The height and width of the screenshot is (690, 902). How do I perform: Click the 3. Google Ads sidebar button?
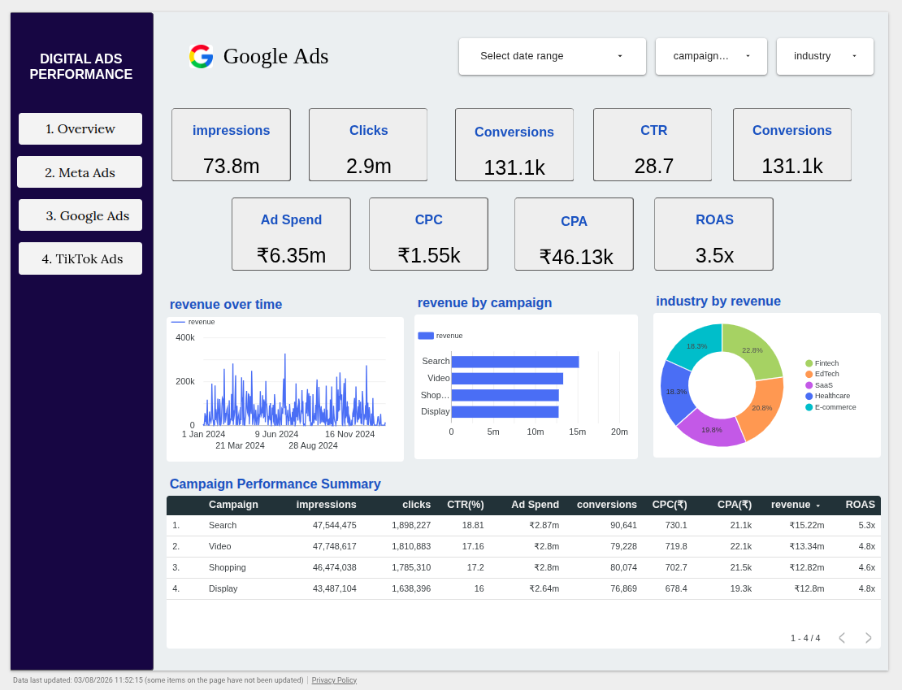[80, 215]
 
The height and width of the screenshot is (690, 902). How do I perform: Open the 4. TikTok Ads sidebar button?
[80, 258]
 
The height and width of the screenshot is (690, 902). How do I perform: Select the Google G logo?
[202, 56]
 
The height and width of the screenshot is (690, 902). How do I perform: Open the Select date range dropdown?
[553, 56]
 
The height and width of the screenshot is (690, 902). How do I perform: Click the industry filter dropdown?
[825, 56]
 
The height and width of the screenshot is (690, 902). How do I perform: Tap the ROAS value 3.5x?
[714, 255]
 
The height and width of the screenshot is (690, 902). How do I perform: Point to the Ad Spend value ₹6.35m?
[291, 255]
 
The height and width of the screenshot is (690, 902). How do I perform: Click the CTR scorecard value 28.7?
[653, 166]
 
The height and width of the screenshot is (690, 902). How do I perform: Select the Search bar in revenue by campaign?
[515, 362]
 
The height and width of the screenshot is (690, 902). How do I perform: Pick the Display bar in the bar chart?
[505, 412]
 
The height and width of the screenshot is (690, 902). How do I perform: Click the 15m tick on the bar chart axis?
[577, 432]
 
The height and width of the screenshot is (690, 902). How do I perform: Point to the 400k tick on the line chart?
[185, 337]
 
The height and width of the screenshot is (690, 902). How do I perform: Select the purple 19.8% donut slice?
[712, 429]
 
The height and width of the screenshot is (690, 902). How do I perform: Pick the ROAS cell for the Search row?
[866, 525]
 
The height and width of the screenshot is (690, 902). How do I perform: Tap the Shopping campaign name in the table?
[228, 567]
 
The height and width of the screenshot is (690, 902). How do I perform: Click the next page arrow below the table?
[868, 638]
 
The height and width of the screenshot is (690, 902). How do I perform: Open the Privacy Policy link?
[334, 680]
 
